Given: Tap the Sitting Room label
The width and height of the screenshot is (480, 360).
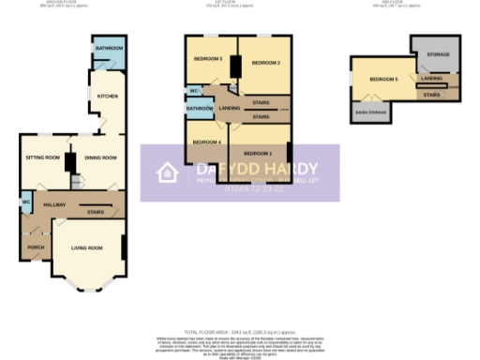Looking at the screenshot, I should (42, 157).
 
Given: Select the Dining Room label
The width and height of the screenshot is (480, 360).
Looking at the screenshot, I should (93, 157).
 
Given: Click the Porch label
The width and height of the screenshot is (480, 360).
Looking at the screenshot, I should (36, 247).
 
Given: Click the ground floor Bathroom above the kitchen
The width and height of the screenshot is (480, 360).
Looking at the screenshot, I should (106, 48).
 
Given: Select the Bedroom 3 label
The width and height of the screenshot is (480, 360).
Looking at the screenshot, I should (207, 59).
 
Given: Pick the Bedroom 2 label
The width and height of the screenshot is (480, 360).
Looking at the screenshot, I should (266, 62).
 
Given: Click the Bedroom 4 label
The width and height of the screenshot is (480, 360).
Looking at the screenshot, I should (206, 142).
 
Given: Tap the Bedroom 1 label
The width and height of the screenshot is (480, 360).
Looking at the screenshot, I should (258, 152).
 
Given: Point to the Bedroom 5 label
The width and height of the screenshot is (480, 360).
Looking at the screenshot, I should (383, 79).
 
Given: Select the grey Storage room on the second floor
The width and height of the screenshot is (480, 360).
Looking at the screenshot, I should (438, 55).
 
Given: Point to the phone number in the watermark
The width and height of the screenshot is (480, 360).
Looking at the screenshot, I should (248, 187).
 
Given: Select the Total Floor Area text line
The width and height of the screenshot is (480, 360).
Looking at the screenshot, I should (240, 333).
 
